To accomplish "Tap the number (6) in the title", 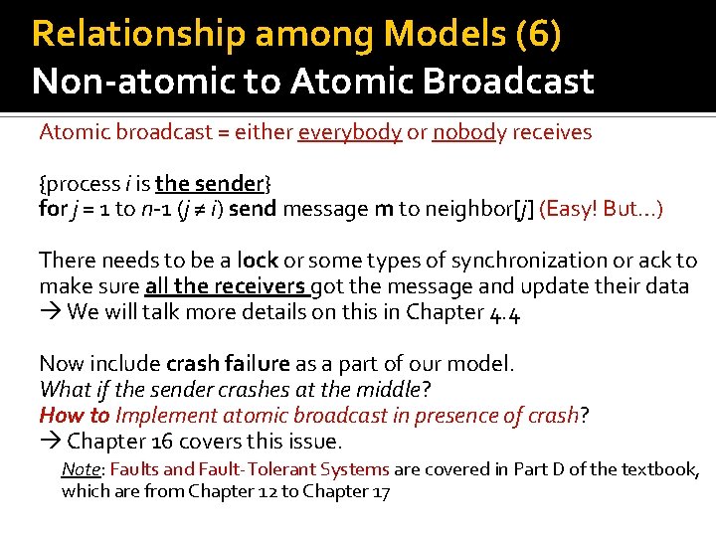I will pos(538,35).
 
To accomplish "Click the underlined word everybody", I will pos(349,132).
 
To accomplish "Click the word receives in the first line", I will pos(553,132).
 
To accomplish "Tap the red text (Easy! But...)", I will pos(601,210).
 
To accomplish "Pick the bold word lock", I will pos(258,261).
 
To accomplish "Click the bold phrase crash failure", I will pos(229,364).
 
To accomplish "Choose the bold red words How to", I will pos(75,416).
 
